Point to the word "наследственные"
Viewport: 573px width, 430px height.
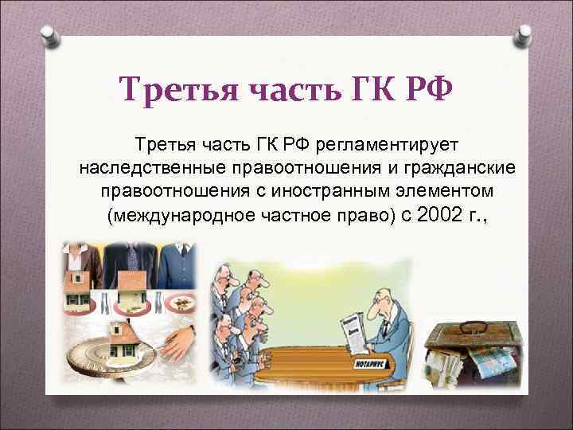pos(150,169)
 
